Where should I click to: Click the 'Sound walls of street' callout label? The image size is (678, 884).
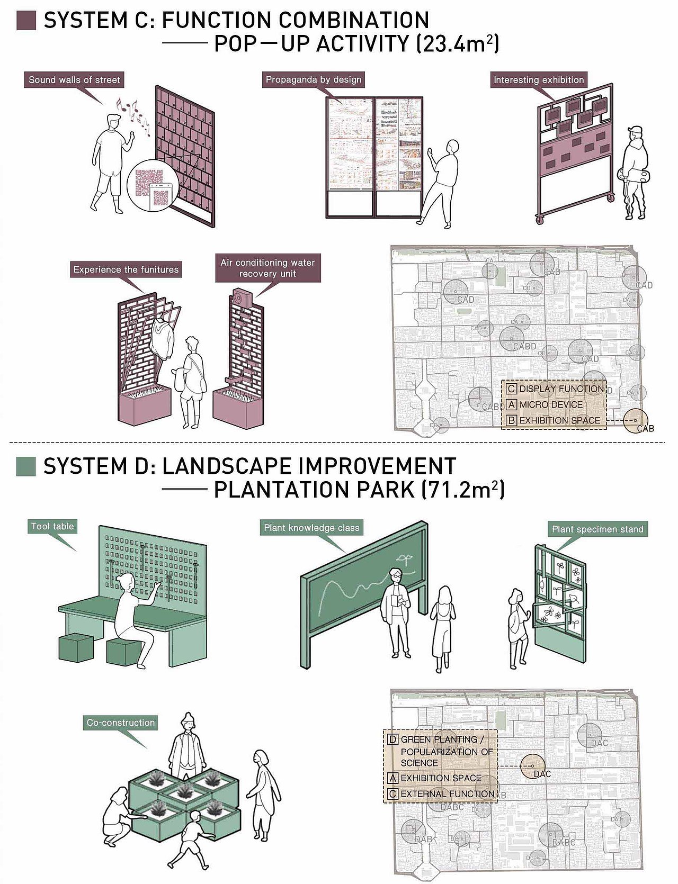(x=74, y=80)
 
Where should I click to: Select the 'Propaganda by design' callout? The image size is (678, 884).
(x=313, y=80)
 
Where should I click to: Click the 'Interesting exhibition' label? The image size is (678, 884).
(x=538, y=80)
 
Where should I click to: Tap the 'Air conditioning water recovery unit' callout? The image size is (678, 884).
(x=267, y=268)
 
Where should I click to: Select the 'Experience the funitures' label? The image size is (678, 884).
(x=126, y=269)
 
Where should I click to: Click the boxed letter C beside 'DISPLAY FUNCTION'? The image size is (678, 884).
(x=511, y=389)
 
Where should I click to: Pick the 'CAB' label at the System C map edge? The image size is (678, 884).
(x=645, y=428)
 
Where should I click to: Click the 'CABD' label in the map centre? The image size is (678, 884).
(x=524, y=346)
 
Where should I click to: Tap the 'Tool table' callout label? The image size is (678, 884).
(x=52, y=526)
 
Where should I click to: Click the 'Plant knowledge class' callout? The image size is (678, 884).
(x=311, y=528)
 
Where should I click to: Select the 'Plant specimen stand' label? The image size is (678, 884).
(x=597, y=529)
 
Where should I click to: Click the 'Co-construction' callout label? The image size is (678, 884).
(x=121, y=723)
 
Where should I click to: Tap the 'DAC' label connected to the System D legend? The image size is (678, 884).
(x=542, y=774)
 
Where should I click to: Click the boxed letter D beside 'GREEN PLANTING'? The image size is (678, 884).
(x=392, y=739)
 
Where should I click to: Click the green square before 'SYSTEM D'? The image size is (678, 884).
(x=26, y=466)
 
